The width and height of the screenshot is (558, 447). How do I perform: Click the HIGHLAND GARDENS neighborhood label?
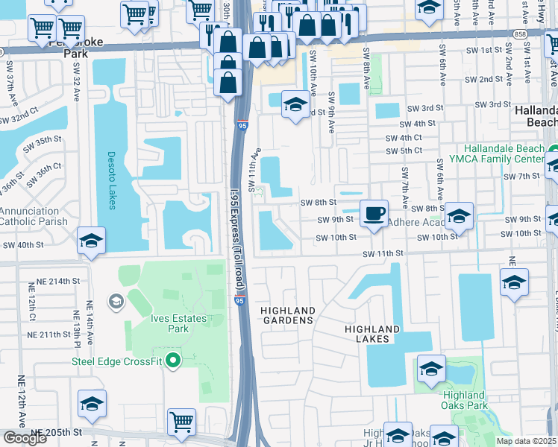(287, 315)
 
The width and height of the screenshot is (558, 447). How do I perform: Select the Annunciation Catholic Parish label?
(34, 216)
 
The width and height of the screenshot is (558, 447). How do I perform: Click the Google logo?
(25, 439)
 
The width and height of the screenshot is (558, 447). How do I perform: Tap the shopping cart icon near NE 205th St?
(181, 422)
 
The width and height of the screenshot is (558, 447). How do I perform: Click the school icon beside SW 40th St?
(91, 241)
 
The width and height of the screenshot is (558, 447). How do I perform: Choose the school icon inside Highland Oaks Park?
(431, 369)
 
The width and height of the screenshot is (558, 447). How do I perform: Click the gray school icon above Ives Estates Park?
(116, 301)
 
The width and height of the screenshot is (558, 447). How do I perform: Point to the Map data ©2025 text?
(526, 441)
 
